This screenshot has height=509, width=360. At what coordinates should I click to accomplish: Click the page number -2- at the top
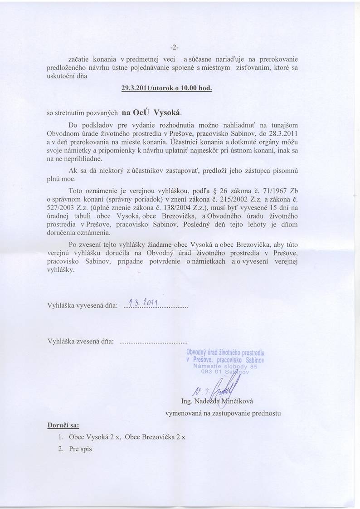(175, 47)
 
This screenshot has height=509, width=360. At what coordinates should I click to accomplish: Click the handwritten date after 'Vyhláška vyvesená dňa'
(142, 303)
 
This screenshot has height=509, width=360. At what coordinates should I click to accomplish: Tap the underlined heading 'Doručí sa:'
(63, 426)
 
